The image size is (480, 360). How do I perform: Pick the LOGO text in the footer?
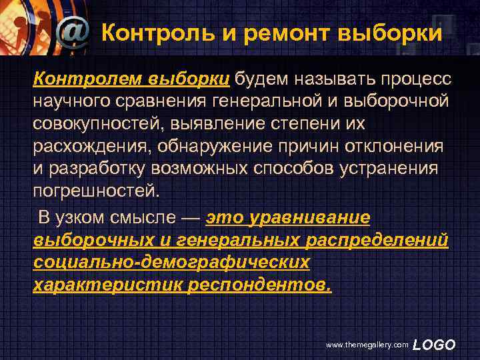[x=434, y=344]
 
